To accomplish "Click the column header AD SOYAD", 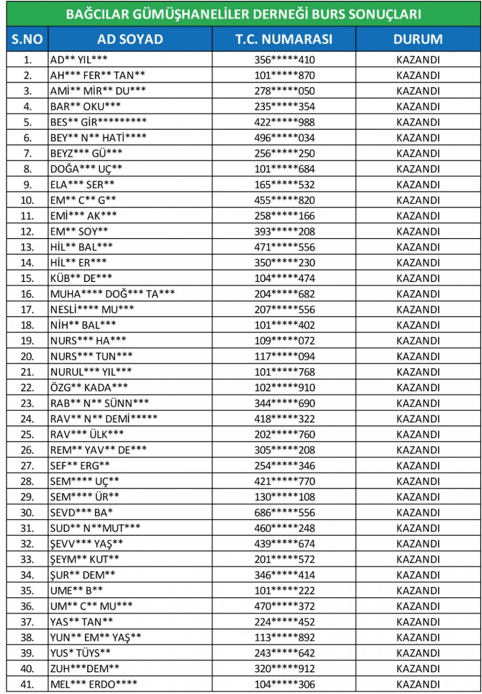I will point(130,39).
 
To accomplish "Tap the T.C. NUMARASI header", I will point(284,39).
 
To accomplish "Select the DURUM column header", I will point(418,39).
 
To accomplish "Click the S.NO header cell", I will point(27,39).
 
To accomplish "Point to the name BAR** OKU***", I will point(85,106).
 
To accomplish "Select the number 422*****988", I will point(284,122).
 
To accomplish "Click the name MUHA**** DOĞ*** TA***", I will point(112,294).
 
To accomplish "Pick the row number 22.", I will point(27,387).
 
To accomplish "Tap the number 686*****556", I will point(284,512).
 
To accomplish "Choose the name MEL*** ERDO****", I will point(94,684).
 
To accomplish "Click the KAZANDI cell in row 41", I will point(418,684).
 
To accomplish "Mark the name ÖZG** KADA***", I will point(89,387).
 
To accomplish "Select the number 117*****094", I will point(284,356).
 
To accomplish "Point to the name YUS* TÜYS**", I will point(80,653).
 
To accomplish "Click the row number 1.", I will point(27,60).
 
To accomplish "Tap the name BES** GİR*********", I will point(98,122).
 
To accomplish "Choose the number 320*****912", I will point(284,668).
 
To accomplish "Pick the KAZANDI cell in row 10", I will point(418,200).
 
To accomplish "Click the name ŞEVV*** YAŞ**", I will point(86,544).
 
